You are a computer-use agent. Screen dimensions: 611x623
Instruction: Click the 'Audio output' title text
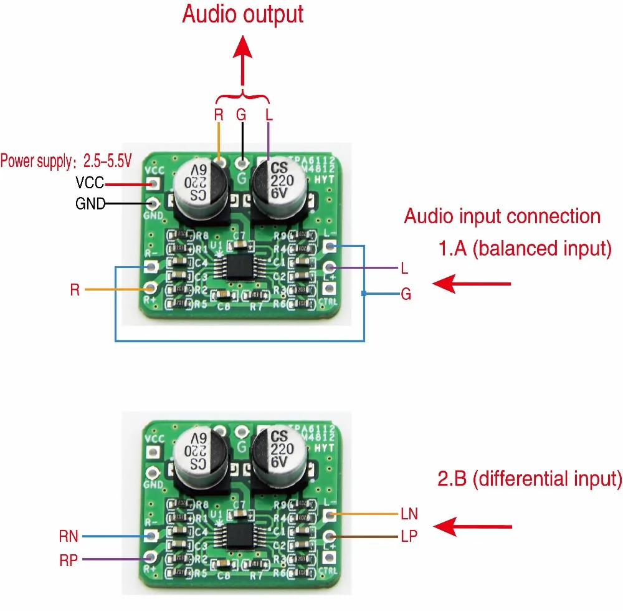pos(242,14)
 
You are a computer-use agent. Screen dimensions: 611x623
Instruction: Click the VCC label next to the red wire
pos(90,183)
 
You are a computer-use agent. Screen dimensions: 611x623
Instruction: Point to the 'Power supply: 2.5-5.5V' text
pos(66,161)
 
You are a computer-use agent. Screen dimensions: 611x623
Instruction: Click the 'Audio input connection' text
pos(502,216)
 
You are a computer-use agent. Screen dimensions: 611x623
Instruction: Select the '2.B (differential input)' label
pos(530,479)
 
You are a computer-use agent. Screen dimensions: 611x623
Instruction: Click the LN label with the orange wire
pos(409,514)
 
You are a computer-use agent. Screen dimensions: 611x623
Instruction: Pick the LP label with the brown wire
pos(409,536)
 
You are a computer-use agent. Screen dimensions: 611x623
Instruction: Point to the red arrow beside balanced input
pos(472,284)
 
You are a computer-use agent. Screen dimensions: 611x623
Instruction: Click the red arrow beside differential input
pos(472,527)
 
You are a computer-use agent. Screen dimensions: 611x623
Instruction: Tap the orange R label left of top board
pos(75,290)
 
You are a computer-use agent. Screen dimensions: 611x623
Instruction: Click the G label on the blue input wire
pos(406,294)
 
